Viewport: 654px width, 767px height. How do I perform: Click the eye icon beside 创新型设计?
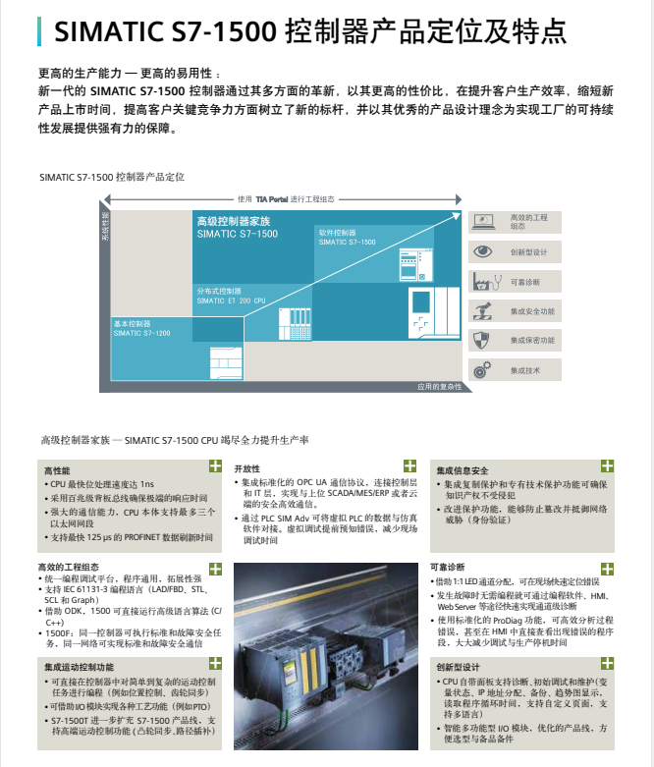[482, 251]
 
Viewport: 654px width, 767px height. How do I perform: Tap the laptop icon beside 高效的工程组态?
[482, 222]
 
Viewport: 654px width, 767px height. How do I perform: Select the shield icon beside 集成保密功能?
[482, 340]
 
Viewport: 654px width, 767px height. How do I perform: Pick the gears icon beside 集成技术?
[482, 369]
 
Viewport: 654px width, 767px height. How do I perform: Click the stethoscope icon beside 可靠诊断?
[482, 281]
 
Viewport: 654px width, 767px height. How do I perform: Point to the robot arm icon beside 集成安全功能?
[482, 311]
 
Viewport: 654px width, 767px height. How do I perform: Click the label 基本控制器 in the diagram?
[132, 323]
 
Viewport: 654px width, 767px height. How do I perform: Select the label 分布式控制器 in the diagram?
[218, 291]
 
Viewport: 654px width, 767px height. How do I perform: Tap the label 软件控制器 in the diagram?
[336, 232]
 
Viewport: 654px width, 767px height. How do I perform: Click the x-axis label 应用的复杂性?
[438, 386]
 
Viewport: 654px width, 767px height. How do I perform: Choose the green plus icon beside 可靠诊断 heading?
[608, 567]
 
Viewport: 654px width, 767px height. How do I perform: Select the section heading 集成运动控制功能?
[79, 667]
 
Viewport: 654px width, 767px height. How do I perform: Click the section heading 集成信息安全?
[463, 470]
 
